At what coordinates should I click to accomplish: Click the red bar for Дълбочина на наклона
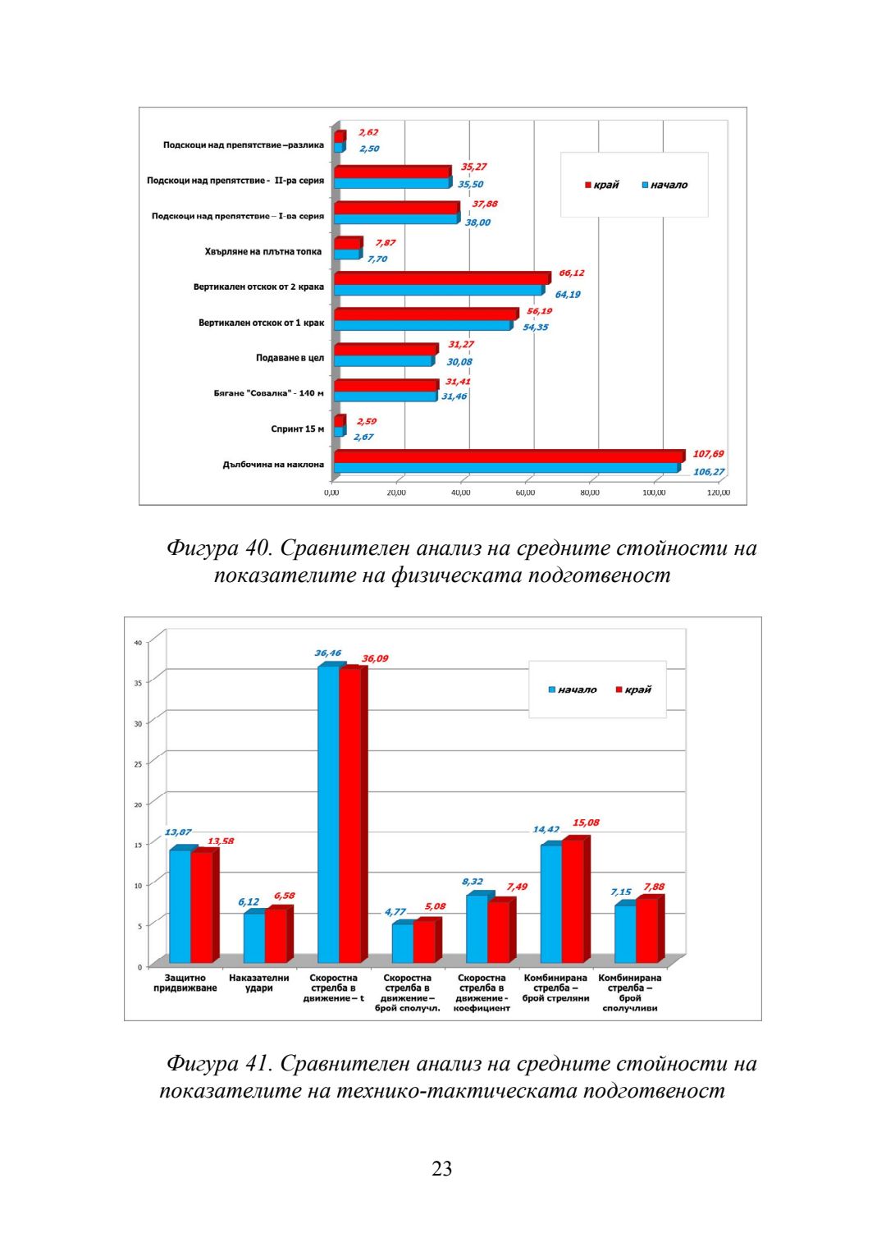coord(509,456)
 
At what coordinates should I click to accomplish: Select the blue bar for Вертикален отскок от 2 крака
coord(438,290)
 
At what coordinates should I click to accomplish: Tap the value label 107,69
coord(708,454)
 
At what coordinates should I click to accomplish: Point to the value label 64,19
coord(567,295)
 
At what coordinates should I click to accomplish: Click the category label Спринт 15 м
coord(297,429)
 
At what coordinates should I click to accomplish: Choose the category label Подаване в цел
coord(290,358)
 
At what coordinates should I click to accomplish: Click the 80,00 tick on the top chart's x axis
coord(589,493)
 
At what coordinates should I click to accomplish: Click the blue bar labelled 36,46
coord(328,813)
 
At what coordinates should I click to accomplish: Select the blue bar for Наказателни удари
coord(253,937)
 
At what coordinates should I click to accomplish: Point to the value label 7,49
coord(517,887)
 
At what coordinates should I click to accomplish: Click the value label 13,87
coord(178,832)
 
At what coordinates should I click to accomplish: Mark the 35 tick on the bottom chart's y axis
coord(139,682)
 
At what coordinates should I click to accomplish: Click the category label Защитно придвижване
coord(185,983)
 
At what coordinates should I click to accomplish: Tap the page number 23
coord(441,1168)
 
